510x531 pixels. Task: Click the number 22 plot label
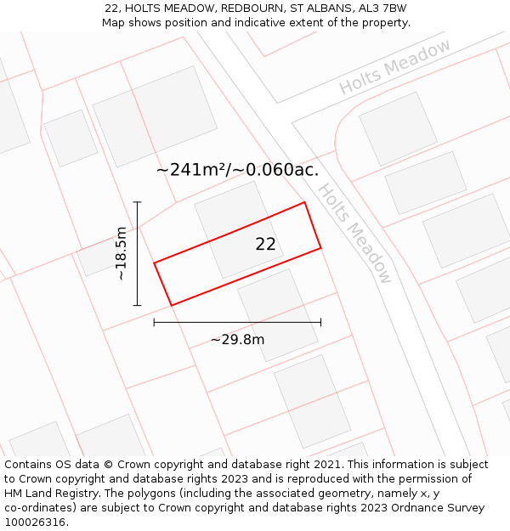click(265, 245)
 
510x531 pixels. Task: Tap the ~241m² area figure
click(192, 170)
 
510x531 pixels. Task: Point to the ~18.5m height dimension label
click(122, 253)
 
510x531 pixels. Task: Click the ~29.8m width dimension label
click(237, 340)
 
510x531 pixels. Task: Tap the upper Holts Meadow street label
click(395, 67)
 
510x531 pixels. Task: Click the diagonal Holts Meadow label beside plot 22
click(354, 233)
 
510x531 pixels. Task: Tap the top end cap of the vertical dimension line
click(137, 202)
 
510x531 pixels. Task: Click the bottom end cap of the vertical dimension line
click(137, 305)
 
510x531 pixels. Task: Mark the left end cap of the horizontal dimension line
click(154, 322)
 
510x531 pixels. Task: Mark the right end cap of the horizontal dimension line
click(320, 322)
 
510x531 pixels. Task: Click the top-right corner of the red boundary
click(304, 202)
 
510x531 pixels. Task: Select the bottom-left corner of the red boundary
click(172, 305)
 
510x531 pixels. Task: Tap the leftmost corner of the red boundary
click(154, 263)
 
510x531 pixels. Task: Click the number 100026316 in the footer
click(35, 523)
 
